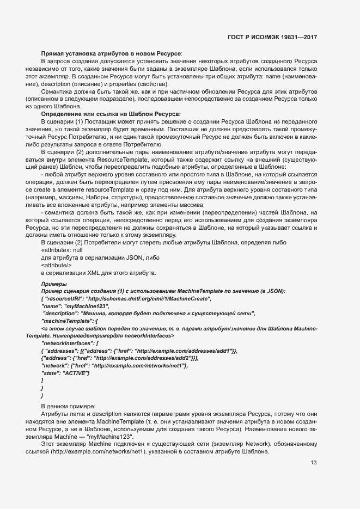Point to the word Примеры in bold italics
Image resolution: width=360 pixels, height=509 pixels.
pyautogui.click(x=54, y=284)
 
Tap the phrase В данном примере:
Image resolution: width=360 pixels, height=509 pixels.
pyautogui.click(x=69, y=407)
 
